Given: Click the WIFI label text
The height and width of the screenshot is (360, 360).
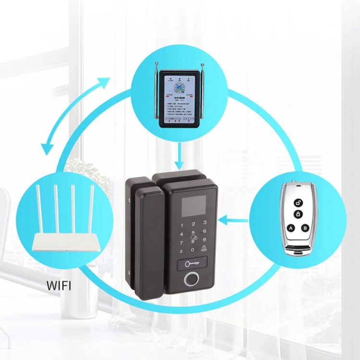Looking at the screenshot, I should [x=59, y=285].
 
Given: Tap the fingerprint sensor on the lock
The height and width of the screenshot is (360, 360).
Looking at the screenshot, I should [x=192, y=279].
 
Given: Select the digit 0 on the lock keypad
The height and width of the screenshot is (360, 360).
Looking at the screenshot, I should [x=193, y=250].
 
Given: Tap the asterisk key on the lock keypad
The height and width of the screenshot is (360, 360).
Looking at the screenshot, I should [x=181, y=251].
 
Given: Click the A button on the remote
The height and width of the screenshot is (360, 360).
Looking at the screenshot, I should [x=291, y=228].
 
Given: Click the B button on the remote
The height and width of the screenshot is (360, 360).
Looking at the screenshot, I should [x=305, y=228].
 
